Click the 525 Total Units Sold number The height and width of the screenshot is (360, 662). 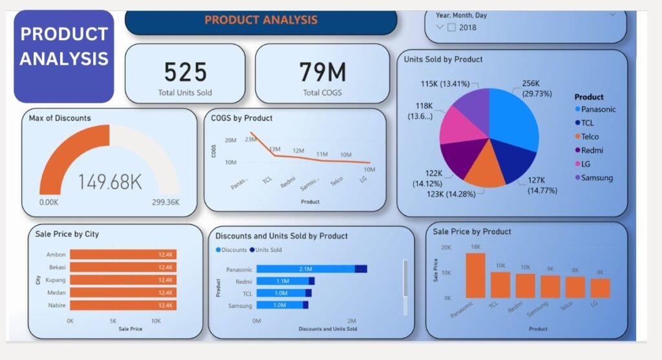pyautogui.click(x=185, y=71)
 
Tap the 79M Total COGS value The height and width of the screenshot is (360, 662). pyautogui.click(x=322, y=71)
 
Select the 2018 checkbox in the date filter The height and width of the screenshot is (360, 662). pyautogui.click(x=451, y=27)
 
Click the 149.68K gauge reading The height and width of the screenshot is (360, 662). pyautogui.click(x=110, y=182)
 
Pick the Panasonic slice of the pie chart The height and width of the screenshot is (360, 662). pyautogui.click(x=514, y=120)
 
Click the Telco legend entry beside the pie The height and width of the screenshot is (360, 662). pyautogui.click(x=590, y=136)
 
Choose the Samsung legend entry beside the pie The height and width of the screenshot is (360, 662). pyautogui.click(x=596, y=178)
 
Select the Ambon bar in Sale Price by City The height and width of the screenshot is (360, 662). pyautogui.click(x=123, y=255)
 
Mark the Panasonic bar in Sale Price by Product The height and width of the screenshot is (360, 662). pyautogui.click(x=475, y=275)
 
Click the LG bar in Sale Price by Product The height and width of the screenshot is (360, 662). pyautogui.click(x=600, y=288)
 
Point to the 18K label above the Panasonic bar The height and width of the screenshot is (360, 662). pyautogui.click(x=475, y=247)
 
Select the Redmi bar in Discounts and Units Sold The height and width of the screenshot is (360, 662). pyautogui.click(x=285, y=281)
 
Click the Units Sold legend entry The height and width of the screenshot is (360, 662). pyautogui.click(x=268, y=249)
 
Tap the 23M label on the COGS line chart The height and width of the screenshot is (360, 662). pyautogui.click(x=251, y=138)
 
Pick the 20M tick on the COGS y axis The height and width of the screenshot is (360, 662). pyautogui.click(x=230, y=140)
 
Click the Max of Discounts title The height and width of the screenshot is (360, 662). pyautogui.click(x=60, y=118)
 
